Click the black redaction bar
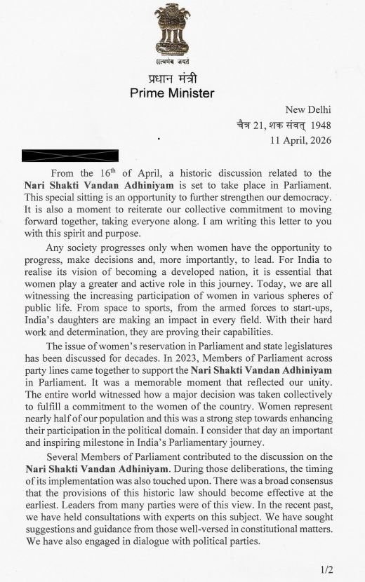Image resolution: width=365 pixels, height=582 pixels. [70, 154]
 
